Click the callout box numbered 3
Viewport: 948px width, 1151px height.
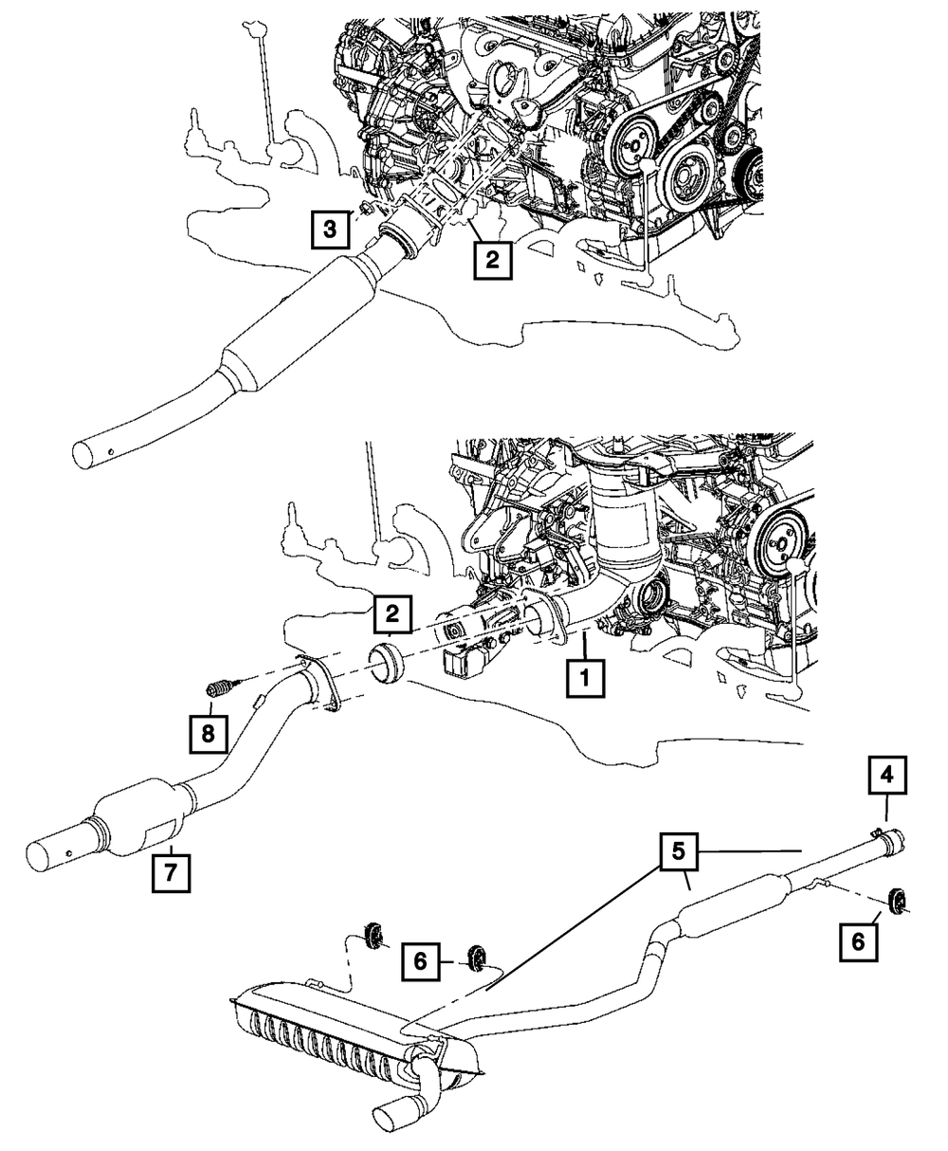click(330, 228)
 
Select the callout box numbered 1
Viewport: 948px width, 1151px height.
click(585, 677)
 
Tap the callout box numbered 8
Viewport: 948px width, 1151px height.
click(208, 734)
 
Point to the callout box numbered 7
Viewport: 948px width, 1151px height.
click(171, 872)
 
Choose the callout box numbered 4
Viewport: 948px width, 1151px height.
click(887, 775)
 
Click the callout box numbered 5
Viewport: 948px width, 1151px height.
click(679, 851)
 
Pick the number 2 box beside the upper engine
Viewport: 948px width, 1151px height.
click(493, 259)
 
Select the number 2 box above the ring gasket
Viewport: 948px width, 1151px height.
click(392, 613)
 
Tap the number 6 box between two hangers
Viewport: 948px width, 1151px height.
click(421, 961)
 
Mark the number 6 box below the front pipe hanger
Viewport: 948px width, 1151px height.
click(859, 942)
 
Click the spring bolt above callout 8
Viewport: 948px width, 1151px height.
click(222, 687)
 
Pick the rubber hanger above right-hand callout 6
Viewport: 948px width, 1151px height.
click(897, 901)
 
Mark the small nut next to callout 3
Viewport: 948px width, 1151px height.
click(365, 209)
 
